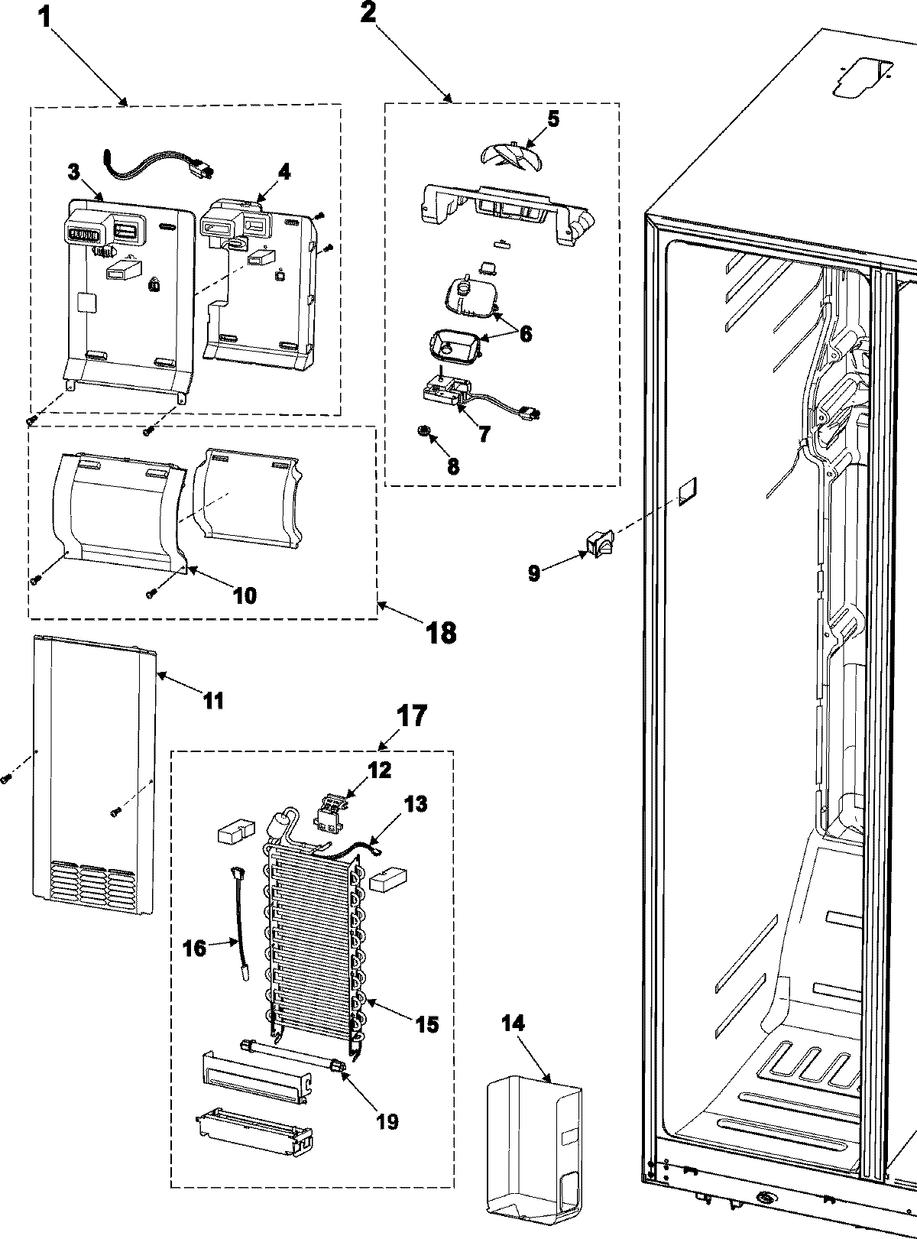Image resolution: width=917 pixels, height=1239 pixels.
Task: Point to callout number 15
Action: point(426,1023)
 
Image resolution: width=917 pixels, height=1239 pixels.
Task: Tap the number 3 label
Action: point(73,171)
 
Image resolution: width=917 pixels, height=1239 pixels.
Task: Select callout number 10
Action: point(244,595)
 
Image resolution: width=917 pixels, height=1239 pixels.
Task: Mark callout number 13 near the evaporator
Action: point(416,804)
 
